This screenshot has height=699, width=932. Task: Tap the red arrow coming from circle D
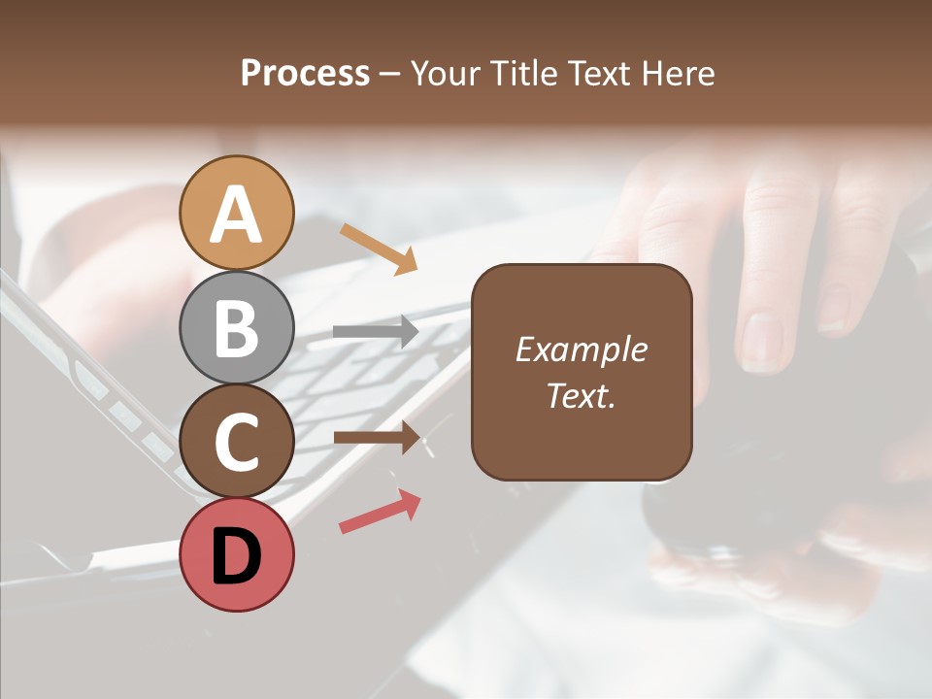click(380, 511)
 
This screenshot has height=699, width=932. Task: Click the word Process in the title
click(305, 74)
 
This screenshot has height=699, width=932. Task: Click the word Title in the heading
click(523, 74)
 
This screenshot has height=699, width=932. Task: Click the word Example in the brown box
click(581, 349)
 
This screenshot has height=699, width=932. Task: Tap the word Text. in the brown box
click(581, 396)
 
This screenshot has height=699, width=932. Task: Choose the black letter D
click(237, 554)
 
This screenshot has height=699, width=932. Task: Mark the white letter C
click(237, 443)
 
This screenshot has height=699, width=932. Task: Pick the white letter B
click(237, 328)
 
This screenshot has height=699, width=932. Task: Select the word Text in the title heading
click(599, 74)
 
